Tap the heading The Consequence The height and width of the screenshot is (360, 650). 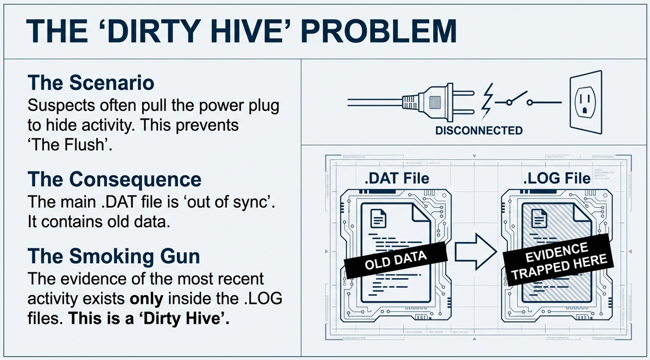[x=114, y=179]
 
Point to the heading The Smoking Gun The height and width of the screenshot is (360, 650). [x=113, y=256]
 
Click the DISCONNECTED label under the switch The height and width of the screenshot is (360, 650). [x=479, y=130]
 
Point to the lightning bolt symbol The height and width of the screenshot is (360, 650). [x=488, y=97]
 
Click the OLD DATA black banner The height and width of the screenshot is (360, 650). [x=395, y=260]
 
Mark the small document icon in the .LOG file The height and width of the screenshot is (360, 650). [x=538, y=218]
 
